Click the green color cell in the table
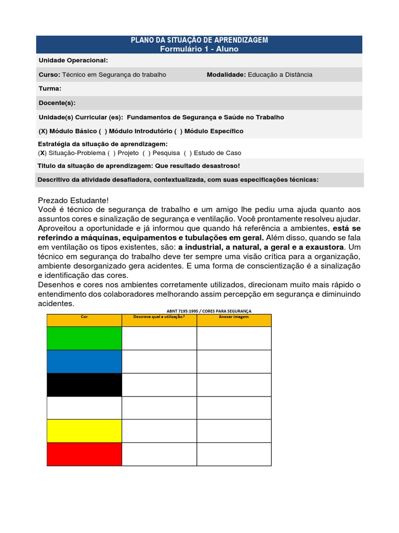pyautogui.click(x=84, y=338)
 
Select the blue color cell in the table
pyautogui.click(x=84, y=362)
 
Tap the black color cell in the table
pyautogui.click(x=84, y=385)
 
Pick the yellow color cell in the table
pyautogui.click(x=84, y=431)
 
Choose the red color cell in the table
pyautogui.click(x=84, y=454)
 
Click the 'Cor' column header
pyautogui.click(x=84, y=316)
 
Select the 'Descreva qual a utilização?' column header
pyautogui.click(x=159, y=316)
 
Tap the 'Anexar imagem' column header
pyautogui.click(x=234, y=316)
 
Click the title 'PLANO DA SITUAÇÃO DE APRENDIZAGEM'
pyautogui.click(x=199, y=41)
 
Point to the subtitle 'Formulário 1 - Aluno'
pyautogui.click(x=199, y=48)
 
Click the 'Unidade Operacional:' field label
pyautogui.click(x=73, y=60)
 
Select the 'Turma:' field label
pyautogui.click(x=50, y=88)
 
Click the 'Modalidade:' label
pyautogui.click(x=226, y=74)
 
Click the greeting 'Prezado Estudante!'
pyautogui.click(x=74, y=200)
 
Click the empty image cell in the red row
pyautogui.click(x=234, y=454)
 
